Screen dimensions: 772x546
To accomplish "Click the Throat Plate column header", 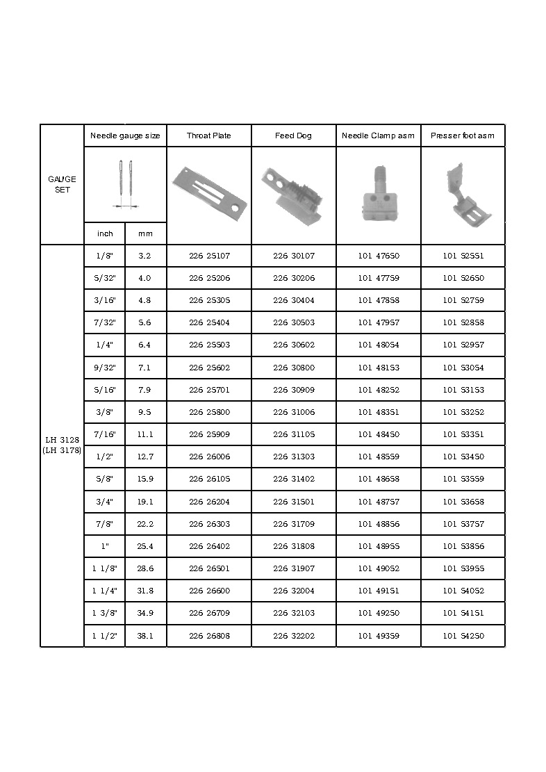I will click(x=208, y=135).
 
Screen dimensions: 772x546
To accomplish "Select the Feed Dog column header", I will click(x=293, y=135).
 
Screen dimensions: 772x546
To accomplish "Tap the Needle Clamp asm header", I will click(x=378, y=135).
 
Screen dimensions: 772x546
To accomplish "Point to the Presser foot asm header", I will click(x=463, y=135).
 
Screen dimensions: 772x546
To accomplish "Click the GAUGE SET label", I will click(x=62, y=184).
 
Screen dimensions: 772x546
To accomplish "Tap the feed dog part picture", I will click(x=292, y=194).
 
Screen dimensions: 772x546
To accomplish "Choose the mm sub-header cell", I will click(x=145, y=233).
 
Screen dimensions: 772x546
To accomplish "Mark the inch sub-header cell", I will click(x=105, y=233).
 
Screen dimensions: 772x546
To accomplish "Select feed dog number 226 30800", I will click(x=293, y=368).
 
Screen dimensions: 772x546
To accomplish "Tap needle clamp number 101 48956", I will click(x=379, y=546).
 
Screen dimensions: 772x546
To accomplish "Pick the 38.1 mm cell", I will click(x=145, y=636).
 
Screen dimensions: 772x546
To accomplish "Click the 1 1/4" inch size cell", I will click(x=105, y=591).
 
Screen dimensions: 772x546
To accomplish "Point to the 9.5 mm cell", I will click(x=145, y=412).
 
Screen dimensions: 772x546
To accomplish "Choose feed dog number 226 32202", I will click(x=293, y=636).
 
